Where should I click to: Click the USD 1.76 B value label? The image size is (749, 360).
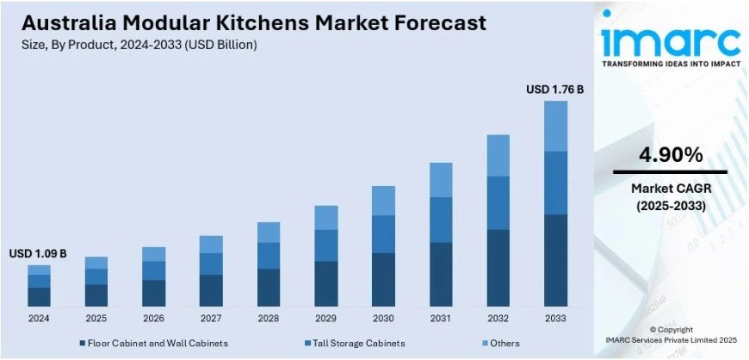click(x=554, y=90)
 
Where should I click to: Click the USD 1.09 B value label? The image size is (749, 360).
click(x=38, y=254)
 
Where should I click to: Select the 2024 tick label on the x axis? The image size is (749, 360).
click(x=39, y=319)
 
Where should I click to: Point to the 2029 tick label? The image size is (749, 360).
click(x=325, y=319)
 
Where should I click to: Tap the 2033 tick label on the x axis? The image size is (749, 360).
click(x=555, y=319)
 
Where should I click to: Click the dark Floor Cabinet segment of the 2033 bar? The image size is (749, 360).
click(x=555, y=260)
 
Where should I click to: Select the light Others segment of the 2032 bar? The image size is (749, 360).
click(x=498, y=155)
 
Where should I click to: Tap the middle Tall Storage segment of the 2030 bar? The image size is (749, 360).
click(x=383, y=234)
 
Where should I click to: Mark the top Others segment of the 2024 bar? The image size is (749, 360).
click(x=39, y=270)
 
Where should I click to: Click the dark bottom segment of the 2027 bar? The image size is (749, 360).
click(x=211, y=290)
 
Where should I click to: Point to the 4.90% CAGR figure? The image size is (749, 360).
click(x=671, y=155)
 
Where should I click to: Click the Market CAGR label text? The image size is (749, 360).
click(x=671, y=189)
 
